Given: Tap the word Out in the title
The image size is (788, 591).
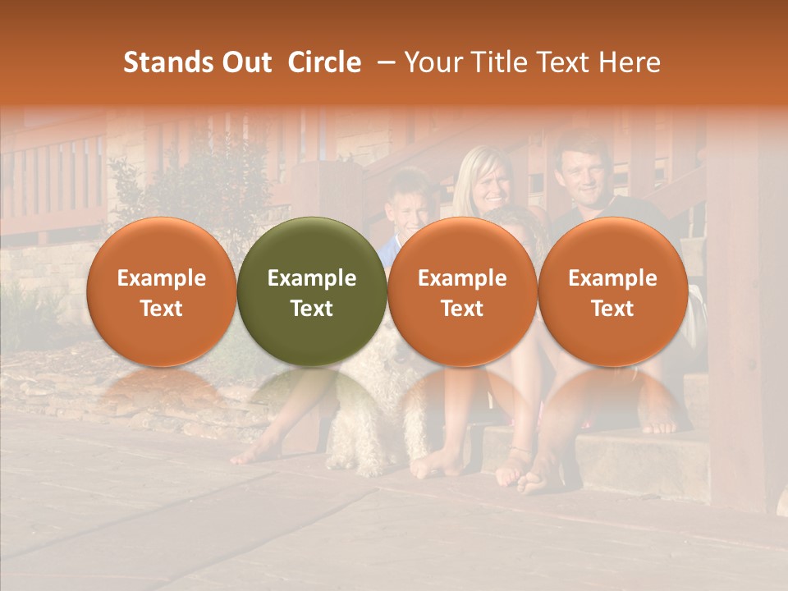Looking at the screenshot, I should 245,62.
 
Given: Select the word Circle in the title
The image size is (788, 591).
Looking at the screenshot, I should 324,62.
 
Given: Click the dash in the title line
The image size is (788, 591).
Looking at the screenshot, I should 383,62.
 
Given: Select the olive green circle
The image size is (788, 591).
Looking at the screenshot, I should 312,291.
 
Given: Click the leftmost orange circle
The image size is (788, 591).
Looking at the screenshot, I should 162,291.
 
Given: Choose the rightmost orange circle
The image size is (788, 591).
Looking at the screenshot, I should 613,291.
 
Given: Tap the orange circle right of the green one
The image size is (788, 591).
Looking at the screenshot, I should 462,291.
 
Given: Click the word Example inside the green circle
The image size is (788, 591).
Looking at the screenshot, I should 312,278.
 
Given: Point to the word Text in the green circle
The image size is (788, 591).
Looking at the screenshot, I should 312,309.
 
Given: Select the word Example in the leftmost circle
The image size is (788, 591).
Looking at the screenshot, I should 162,278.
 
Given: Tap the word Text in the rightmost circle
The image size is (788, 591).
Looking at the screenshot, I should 613,309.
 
